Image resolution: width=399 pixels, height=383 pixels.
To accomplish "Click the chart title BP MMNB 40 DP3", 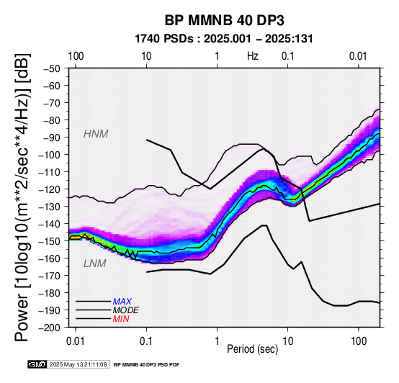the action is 224,20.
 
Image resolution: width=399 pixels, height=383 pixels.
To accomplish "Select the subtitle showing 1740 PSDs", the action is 224,39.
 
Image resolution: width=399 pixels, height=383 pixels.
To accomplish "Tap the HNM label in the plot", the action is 96,134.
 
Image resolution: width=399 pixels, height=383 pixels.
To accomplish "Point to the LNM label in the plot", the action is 94,263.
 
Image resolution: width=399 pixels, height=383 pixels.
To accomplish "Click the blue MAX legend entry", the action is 122,302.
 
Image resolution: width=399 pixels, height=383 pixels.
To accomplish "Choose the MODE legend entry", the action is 126,310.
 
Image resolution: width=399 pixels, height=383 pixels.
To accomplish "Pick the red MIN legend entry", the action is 121,319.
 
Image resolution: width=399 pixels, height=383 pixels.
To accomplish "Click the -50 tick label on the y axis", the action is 52,68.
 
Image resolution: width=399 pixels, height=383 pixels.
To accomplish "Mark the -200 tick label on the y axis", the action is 50,328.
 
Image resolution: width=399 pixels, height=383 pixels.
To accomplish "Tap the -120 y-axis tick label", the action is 50,189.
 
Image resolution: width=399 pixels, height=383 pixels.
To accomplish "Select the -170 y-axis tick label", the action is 50,276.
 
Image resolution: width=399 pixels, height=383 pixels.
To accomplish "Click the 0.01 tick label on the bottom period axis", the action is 75,341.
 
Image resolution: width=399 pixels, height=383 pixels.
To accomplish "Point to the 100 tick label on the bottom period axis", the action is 359,341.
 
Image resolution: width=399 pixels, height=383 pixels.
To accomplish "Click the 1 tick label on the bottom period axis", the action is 217,341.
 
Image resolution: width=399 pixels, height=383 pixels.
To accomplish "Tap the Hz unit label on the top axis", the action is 253,56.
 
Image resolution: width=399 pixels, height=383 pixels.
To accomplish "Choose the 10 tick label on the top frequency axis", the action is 146,56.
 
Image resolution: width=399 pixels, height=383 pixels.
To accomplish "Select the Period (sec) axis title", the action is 252,349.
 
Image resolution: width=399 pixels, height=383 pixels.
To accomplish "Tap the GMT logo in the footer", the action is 37,364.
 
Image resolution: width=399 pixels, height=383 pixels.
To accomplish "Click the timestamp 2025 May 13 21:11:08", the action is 79,364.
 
